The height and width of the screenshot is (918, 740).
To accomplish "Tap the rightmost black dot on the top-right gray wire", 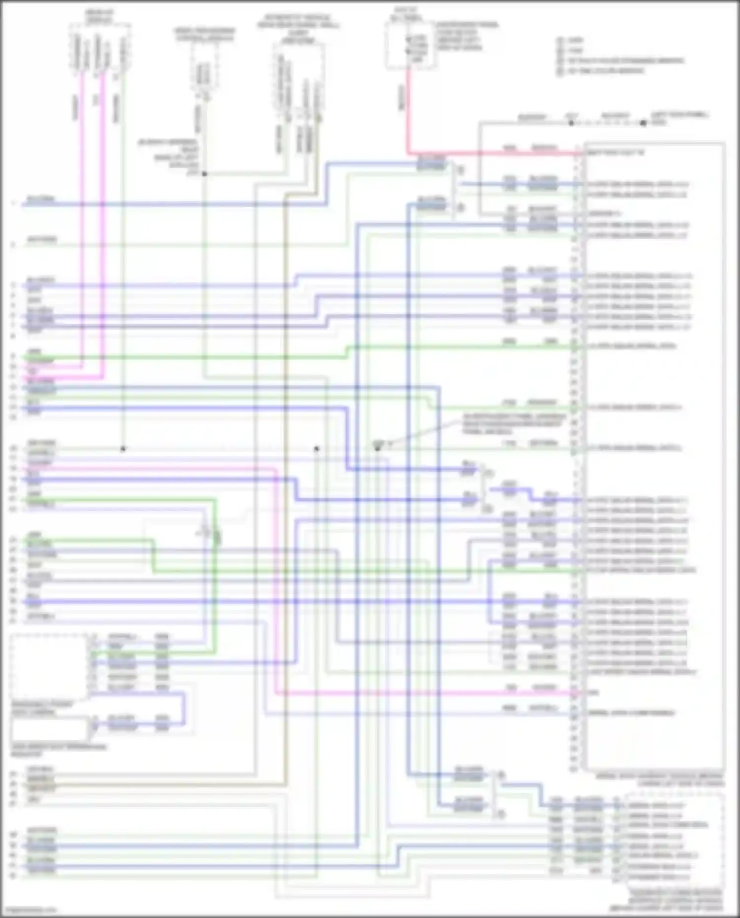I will point(643,123).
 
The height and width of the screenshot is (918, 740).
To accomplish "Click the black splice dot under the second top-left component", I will point(204,174).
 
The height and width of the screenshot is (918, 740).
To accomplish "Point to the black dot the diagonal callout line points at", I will point(377,448).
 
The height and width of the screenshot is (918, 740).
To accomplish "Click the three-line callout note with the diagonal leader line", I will point(513,424).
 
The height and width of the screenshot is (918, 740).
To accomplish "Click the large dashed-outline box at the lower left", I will point(49,666).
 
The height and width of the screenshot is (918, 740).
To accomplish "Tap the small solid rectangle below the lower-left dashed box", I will point(49,729).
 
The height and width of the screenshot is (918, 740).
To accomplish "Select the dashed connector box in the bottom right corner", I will point(673,839).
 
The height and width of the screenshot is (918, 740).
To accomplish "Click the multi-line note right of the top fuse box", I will point(466,37).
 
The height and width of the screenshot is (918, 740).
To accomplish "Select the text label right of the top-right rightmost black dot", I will point(679,118).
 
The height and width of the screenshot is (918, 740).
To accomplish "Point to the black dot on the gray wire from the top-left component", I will point(123,449).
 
